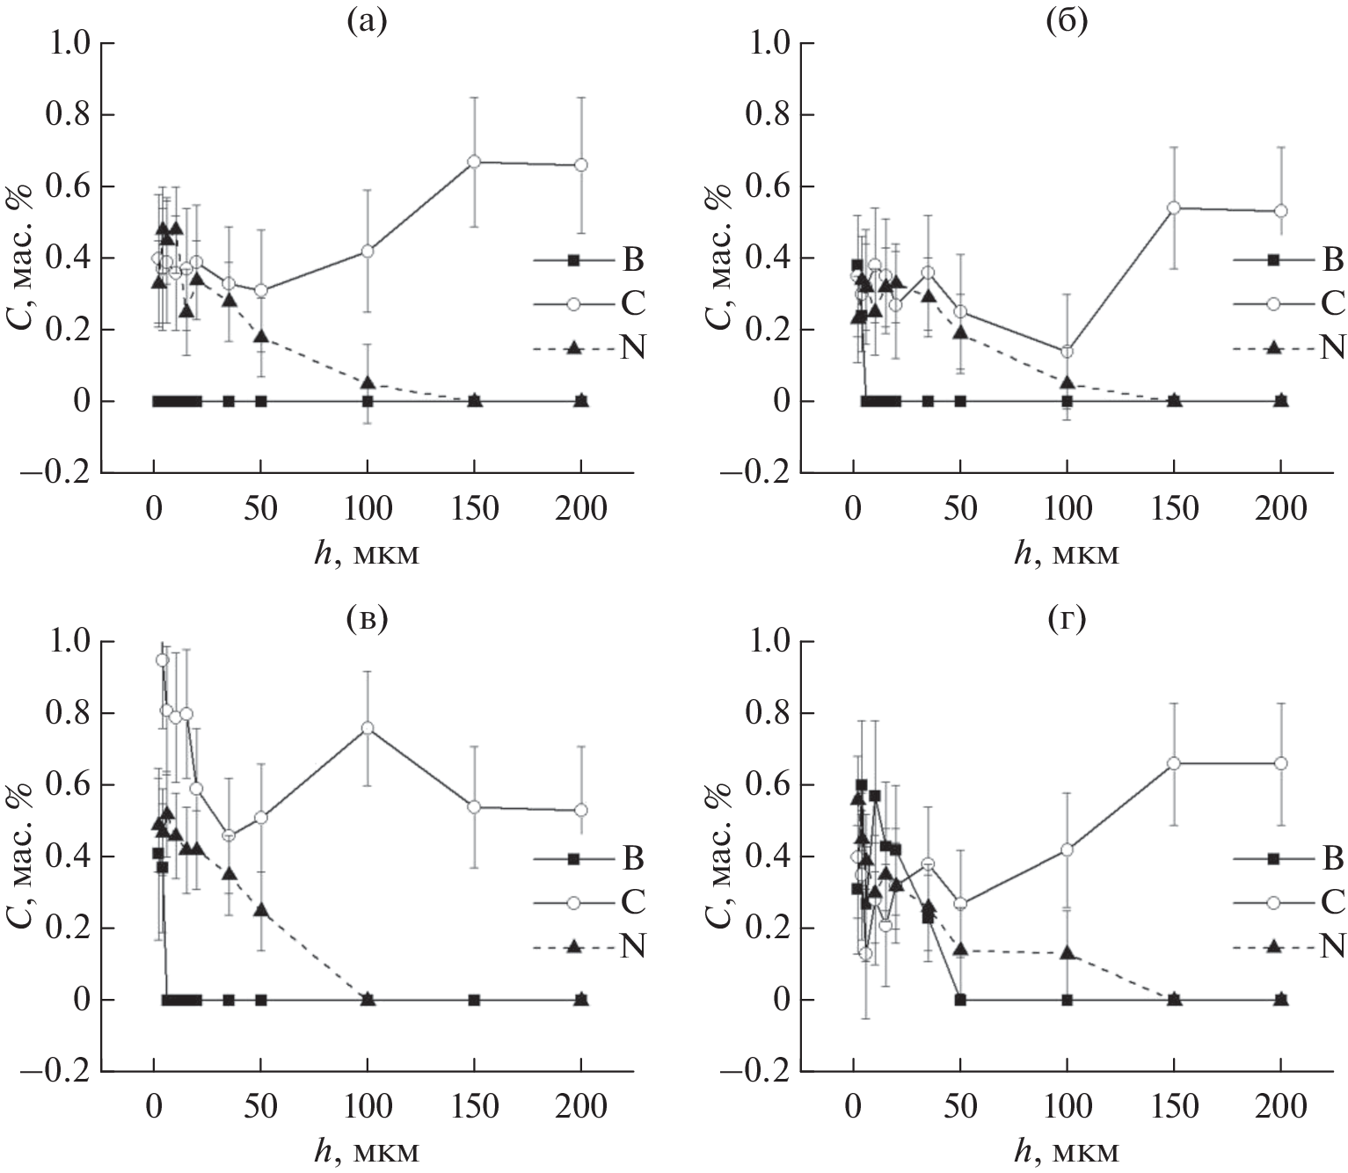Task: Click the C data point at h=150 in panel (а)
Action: (x=474, y=162)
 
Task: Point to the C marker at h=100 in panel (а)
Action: (x=368, y=251)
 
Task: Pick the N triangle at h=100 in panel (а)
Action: (x=368, y=382)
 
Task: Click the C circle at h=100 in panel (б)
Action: (x=1067, y=352)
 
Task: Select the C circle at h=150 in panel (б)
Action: (x=1173, y=208)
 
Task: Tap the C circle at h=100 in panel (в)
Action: (x=368, y=728)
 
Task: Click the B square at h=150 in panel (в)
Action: (x=474, y=1000)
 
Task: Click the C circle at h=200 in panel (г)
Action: (x=1280, y=763)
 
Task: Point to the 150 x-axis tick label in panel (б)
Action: (x=1173, y=509)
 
